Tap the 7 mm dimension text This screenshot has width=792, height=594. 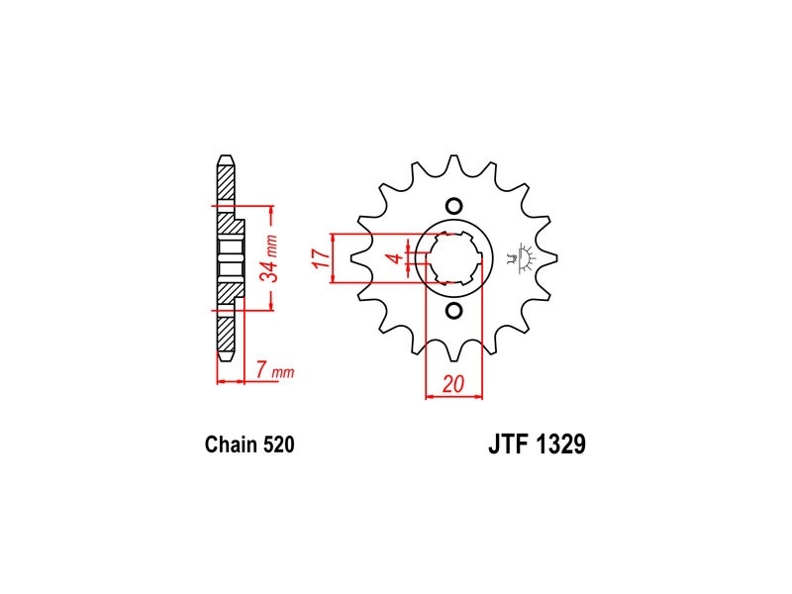[x=274, y=371]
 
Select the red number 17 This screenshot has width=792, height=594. [x=321, y=258]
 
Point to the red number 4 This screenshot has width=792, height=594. [x=397, y=258]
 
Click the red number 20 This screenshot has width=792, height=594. [x=453, y=384]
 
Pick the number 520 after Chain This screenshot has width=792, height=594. [x=278, y=445]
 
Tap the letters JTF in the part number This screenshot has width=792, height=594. [x=507, y=444]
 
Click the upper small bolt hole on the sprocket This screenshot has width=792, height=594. [x=453, y=206]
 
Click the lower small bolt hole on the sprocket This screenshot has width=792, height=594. [x=453, y=311]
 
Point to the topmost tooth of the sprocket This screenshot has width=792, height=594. [x=453, y=162]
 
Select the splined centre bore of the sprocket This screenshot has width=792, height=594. [x=453, y=258]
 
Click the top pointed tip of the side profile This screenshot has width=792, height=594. [x=226, y=156]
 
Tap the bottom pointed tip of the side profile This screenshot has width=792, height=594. [x=226, y=359]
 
